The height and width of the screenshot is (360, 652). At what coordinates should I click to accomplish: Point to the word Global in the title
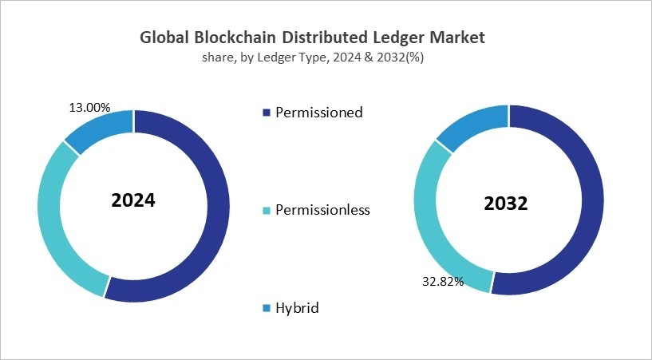(164, 38)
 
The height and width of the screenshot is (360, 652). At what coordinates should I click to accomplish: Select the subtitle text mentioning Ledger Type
(312, 57)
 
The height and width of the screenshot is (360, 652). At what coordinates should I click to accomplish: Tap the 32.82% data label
(442, 282)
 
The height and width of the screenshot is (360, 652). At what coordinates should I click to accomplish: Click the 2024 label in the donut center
(132, 200)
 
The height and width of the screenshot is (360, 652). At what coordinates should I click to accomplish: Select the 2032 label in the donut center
(506, 204)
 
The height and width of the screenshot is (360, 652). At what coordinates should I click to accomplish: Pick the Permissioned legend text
(318, 113)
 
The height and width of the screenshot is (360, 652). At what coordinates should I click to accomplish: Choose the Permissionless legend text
(322, 211)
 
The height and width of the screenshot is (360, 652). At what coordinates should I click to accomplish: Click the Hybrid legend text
(297, 307)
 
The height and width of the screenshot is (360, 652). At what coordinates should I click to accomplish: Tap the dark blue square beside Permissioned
(266, 113)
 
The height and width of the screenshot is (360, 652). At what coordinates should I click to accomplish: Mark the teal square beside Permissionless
(266, 211)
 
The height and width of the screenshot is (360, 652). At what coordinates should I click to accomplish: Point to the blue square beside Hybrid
(266, 308)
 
